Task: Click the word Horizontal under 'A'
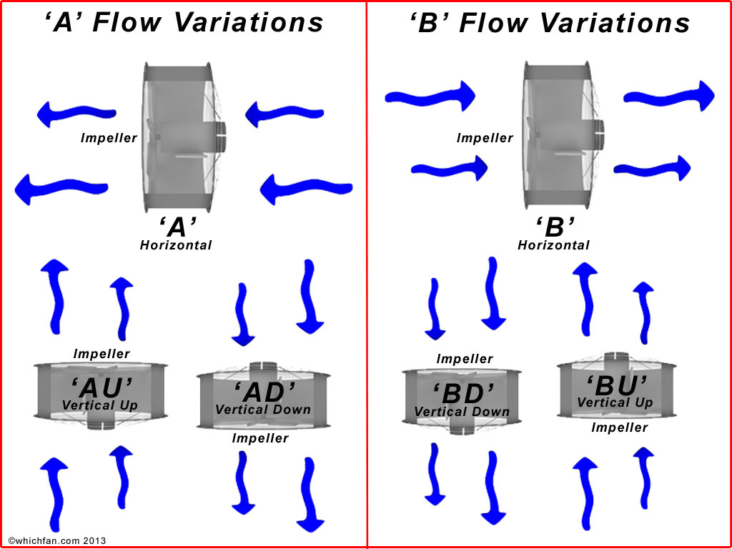[x=176, y=245]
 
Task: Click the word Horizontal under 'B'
[x=554, y=245]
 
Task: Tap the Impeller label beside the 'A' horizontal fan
[x=109, y=138]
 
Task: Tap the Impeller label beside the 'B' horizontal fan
[x=485, y=138]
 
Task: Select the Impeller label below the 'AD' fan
[x=260, y=438]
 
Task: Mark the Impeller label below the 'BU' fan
[x=619, y=427]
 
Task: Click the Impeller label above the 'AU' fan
[x=102, y=354]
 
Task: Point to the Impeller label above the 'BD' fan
[x=465, y=359]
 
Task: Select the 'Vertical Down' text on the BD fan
[x=462, y=412]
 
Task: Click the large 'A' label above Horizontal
[x=177, y=228]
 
